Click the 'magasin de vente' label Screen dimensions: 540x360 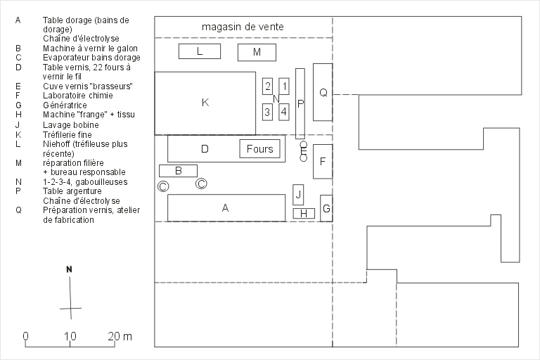click(243, 27)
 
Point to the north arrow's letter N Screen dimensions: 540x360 click(69, 269)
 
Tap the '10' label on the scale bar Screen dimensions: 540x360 click(70, 336)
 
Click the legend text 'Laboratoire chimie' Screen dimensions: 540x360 click(78, 96)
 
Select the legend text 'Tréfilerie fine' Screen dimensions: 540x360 click(67, 134)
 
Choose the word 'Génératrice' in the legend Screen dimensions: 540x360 click(65, 105)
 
